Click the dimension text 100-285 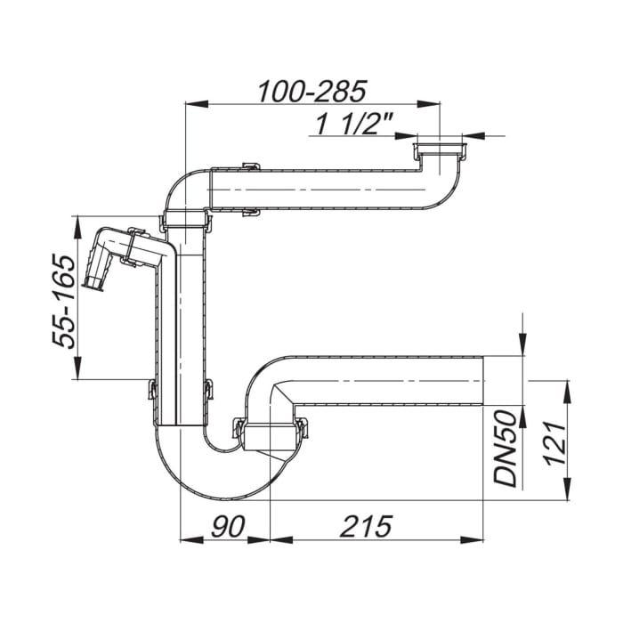311,91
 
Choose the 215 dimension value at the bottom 365,526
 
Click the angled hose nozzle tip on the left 93,283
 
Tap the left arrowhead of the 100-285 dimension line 190,104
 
